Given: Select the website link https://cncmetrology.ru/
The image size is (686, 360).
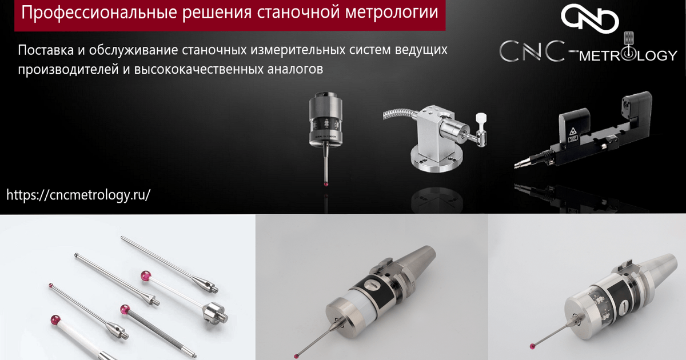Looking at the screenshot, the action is (78, 195).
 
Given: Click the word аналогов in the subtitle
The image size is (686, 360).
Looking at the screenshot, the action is (295, 69).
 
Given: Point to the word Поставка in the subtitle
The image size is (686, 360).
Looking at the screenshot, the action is (46, 50).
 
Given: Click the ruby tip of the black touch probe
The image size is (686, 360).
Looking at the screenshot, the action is (325, 184).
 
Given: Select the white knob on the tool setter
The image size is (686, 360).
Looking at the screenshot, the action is (481, 119).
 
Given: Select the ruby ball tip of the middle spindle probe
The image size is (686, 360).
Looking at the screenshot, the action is (296, 356).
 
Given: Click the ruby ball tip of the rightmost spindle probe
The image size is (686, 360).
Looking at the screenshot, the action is (532, 346).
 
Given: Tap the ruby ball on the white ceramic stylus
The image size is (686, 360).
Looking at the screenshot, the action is (55, 320).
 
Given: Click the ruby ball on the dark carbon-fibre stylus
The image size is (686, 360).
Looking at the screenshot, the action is (125, 310).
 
